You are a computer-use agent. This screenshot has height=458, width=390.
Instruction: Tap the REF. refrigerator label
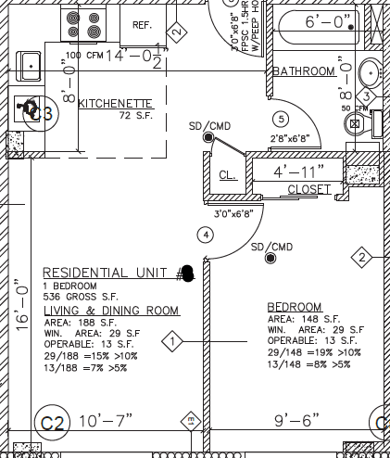(142, 25)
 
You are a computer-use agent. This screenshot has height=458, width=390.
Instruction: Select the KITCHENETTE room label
(114, 103)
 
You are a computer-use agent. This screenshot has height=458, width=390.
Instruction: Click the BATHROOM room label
(303, 71)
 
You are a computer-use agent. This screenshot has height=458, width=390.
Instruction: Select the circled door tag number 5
(282, 118)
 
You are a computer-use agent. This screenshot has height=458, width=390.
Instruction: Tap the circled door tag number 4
(206, 235)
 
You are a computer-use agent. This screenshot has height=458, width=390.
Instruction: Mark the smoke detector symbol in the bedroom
(270, 259)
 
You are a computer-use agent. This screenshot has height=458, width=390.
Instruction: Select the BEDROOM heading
(295, 307)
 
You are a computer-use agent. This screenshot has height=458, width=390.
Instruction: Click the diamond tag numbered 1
(172, 343)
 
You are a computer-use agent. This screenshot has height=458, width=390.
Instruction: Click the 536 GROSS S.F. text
(82, 297)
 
